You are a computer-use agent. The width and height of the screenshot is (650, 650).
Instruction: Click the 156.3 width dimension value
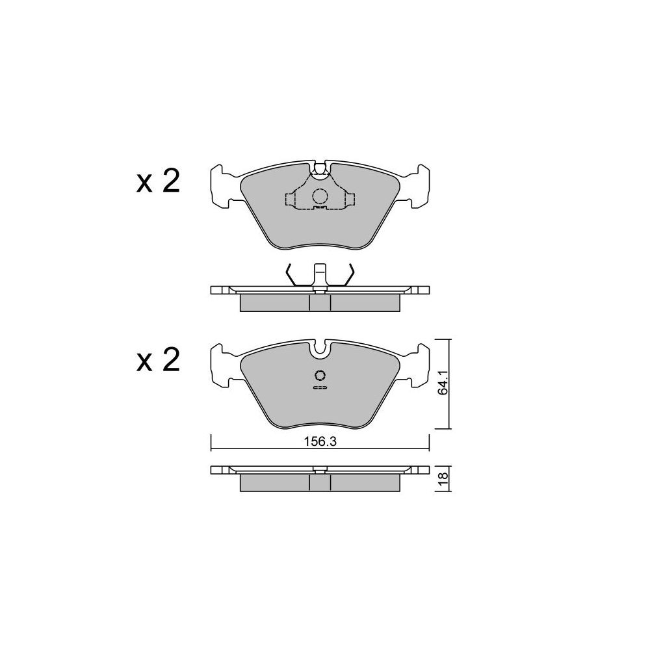(x=320, y=442)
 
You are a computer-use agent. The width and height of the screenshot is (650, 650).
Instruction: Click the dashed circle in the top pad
(x=320, y=196)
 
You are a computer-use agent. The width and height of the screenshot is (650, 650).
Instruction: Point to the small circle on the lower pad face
(x=320, y=376)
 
